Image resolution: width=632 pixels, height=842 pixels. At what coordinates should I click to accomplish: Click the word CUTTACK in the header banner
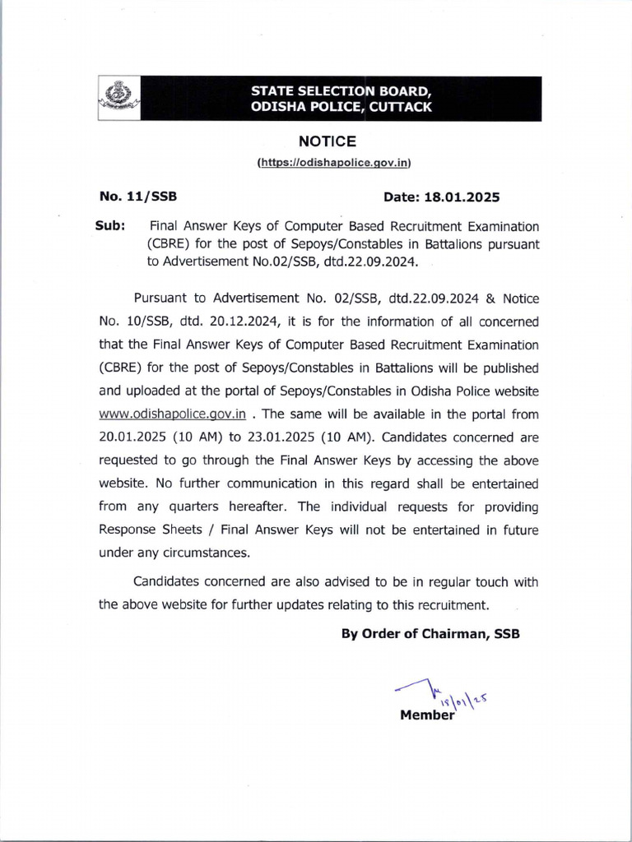click(401, 108)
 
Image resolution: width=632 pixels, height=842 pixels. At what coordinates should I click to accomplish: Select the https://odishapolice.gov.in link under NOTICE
click(333, 163)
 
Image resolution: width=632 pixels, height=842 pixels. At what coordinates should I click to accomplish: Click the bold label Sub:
click(111, 225)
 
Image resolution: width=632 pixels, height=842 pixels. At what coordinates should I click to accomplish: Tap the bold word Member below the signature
click(426, 715)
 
